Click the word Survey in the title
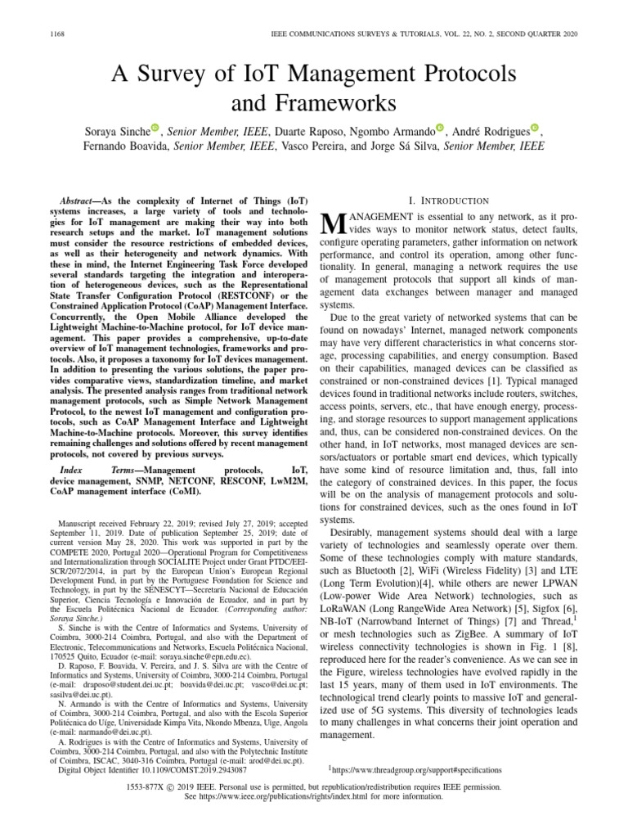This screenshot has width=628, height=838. click(x=176, y=75)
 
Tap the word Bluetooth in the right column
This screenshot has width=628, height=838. click(x=375, y=546)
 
